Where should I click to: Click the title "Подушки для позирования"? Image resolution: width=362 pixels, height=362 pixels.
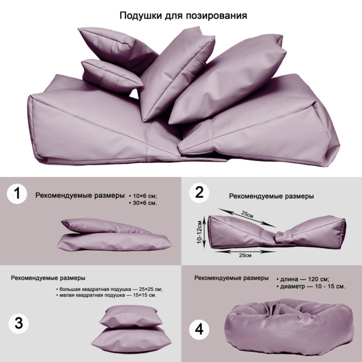183,16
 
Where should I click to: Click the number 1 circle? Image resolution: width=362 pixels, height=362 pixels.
17,194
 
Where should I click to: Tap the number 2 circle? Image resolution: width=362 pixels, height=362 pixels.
199,193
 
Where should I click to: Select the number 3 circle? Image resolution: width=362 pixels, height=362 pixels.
19,323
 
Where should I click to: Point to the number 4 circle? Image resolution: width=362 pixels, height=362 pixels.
199,330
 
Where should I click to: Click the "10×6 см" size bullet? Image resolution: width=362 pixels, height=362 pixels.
143,196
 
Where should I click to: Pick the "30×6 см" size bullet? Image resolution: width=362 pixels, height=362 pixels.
143,203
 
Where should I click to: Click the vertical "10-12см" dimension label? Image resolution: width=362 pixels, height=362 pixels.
200,232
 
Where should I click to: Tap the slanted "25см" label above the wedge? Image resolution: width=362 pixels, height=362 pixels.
247,214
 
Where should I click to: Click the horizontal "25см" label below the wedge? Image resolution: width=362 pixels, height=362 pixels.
245,255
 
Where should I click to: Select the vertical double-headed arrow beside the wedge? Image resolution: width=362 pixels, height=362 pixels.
204,232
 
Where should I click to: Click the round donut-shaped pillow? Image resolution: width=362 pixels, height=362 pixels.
289,327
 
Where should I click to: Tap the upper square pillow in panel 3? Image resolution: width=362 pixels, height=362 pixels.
129,316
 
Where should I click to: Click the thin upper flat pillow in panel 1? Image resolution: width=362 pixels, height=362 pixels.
104,225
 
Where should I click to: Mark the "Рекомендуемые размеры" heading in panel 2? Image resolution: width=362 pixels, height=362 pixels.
271,196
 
